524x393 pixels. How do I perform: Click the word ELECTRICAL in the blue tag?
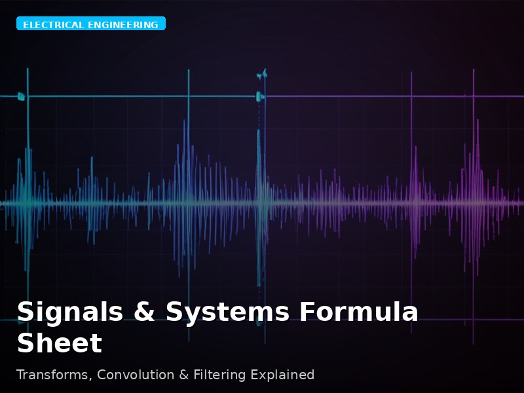click(53, 25)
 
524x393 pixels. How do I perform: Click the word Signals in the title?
click(69, 312)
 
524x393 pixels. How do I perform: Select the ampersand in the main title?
click(144, 312)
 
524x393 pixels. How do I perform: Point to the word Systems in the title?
click(227, 312)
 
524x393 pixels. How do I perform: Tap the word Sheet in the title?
click(59, 344)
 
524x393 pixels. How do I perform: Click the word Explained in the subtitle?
click(280, 375)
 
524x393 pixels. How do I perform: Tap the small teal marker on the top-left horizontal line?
click(21, 97)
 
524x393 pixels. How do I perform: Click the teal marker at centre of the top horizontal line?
click(259, 97)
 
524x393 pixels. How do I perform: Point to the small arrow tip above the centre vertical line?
click(262, 74)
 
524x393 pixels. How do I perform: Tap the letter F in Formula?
click(307, 312)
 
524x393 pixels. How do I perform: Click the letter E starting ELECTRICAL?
click(26, 25)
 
